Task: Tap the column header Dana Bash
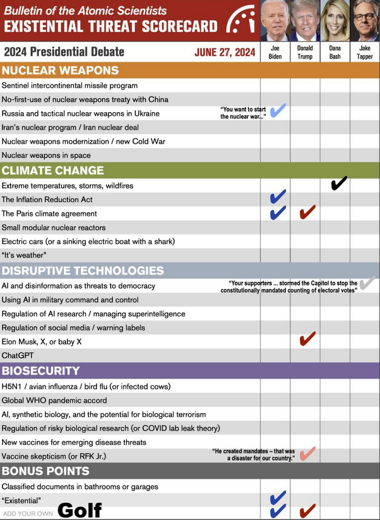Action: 335,52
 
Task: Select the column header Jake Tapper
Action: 365,52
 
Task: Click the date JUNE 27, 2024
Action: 225,52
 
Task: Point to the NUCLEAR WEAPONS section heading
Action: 60,71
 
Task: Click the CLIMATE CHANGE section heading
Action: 53,171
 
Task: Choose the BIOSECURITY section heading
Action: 41,371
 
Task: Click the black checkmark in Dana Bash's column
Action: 339,184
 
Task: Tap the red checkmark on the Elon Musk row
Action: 307,339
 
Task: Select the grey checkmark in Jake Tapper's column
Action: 367,283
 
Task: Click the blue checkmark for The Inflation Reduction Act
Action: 278,197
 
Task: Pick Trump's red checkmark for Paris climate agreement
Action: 307,212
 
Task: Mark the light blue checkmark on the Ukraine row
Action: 278,111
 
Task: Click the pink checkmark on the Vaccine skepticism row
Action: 307,454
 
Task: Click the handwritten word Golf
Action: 80,510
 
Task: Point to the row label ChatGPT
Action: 18,356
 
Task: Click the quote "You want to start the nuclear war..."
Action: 243,113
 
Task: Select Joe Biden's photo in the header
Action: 275,20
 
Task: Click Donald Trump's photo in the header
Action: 305,20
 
